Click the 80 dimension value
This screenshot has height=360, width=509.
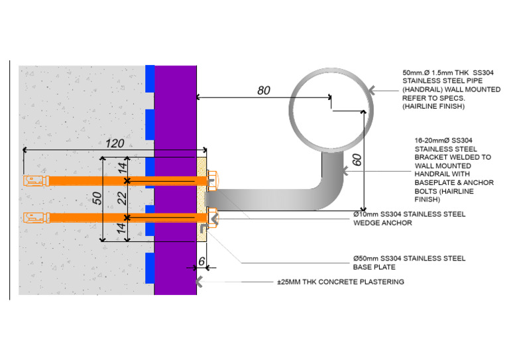tap(263, 90)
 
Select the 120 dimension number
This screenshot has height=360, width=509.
tap(115, 142)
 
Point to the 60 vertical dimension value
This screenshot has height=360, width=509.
tap(357, 159)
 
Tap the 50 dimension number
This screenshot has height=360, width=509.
tap(97, 198)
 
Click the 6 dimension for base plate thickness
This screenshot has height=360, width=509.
tap(201, 262)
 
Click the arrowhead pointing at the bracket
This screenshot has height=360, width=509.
tap(345, 171)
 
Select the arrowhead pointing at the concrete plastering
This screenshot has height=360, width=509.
tap(198, 282)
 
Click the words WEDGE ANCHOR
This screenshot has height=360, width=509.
tap(382, 223)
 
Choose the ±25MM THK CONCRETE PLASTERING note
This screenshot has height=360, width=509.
tap(340, 282)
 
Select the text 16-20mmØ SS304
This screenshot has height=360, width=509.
tap(442, 140)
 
